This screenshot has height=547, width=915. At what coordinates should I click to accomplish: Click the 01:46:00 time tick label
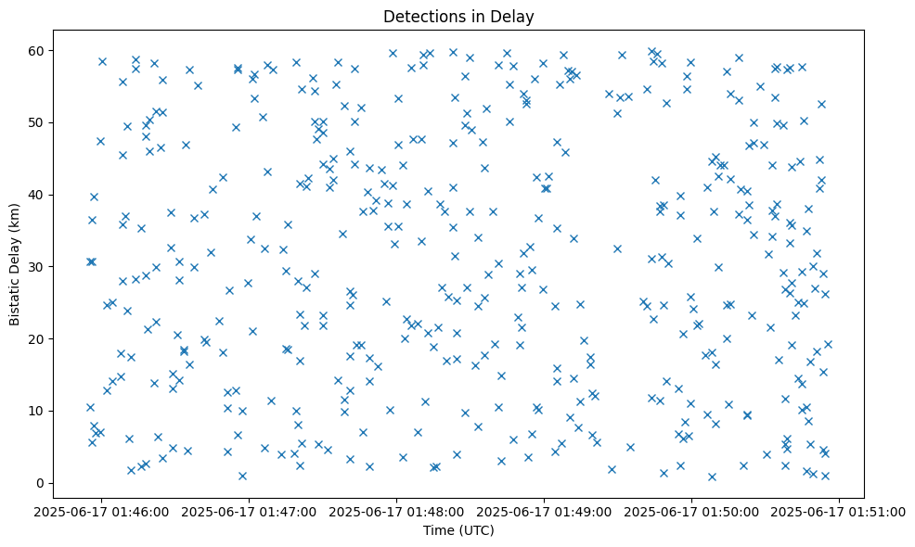102,511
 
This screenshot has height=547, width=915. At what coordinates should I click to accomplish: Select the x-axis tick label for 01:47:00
250,511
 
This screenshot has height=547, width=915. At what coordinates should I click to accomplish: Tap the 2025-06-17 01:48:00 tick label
397,511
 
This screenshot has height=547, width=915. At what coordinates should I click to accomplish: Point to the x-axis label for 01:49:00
545,511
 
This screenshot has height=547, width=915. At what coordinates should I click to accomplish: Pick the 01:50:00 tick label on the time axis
692,511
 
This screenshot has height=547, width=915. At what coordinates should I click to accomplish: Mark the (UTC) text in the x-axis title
474,530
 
